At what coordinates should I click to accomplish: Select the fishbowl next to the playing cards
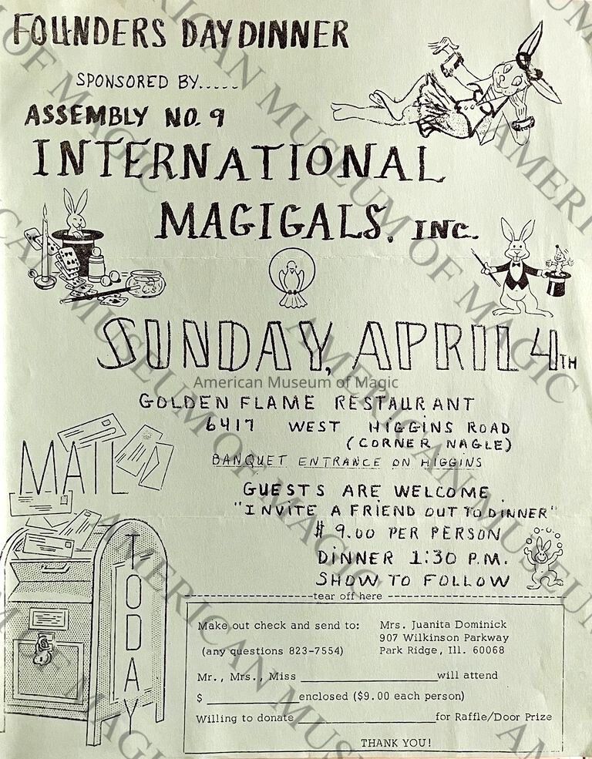(146, 284)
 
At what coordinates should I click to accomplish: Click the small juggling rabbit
(545, 562)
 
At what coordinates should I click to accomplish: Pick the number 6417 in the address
(230, 425)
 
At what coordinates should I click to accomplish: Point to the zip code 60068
(489, 650)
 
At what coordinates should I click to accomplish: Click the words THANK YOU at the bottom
(395, 743)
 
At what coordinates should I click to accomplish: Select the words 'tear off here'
(348, 596)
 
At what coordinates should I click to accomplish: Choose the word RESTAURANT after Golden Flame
(405, 403)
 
